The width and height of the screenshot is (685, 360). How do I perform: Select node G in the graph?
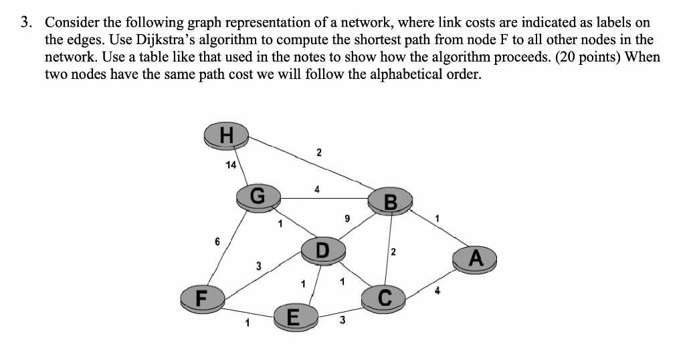tap(259, 197)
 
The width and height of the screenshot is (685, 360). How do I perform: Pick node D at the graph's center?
tap(323, 250)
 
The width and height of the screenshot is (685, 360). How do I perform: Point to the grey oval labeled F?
tap(199, 296)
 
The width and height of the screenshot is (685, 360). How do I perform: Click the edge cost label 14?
tap(231, 165)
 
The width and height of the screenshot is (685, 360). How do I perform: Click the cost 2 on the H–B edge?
tap(318, 153)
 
